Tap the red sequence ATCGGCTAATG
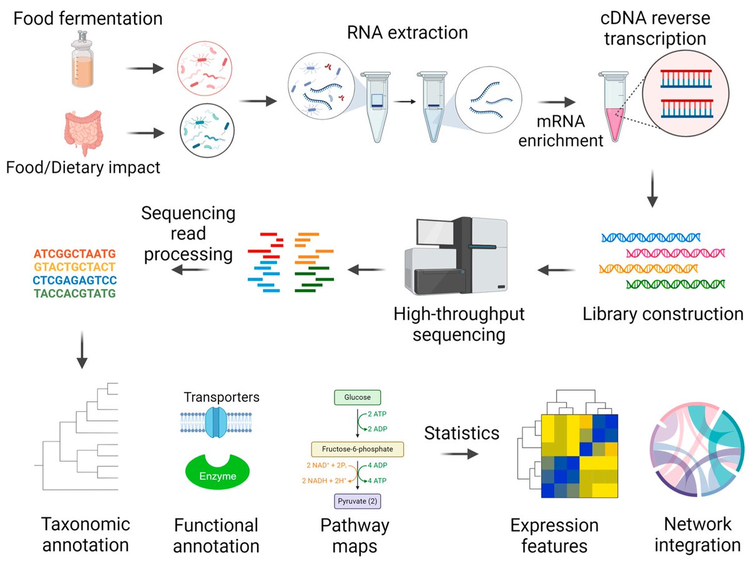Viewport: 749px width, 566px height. (75, 255)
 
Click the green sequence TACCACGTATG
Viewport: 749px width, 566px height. (75, 293)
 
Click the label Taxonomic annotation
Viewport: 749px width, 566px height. (85, 534)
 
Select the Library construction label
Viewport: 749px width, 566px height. (663, 313)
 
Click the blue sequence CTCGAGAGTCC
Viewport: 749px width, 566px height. (75, 280)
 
